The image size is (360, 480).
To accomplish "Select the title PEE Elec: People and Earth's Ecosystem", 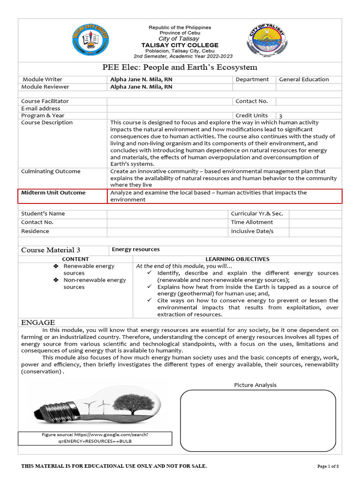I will pyautogui.click(x=180, y=67).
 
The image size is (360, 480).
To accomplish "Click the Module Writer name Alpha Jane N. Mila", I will pyautogui.click(x=141, y=79).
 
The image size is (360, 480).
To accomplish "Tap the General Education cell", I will pyautogui.click(x=304, y=79).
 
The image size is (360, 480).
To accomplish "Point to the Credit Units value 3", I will pyautogui.click(x=281, y=116).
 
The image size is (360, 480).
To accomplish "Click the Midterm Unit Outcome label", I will pyautogui.click(x=52, y=193).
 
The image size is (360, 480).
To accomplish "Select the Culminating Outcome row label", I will pyautogui.click(x=51, y=172).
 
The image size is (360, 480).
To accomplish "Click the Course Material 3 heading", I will pyautogui.click(x=51, y=250).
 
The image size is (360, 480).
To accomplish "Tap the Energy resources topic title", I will pyautogui.click(x=135, y=249).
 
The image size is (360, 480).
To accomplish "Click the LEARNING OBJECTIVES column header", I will pyautogui.click(x=237, y=259).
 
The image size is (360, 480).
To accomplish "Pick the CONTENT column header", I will pyautogui.click(x=75, y=259).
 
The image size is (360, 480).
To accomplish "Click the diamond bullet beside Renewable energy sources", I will pyautogui.click(x=55, y=266).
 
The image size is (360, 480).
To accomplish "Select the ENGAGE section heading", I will pyautogui.click(x=38, y=322).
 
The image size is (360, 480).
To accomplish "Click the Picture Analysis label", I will pyautogui.click(x=255, y=385).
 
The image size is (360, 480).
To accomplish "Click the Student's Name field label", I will pyautogui.click(x=43, y=214).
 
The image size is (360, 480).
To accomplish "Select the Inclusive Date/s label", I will pyautogui.click(x=252, y=232).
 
